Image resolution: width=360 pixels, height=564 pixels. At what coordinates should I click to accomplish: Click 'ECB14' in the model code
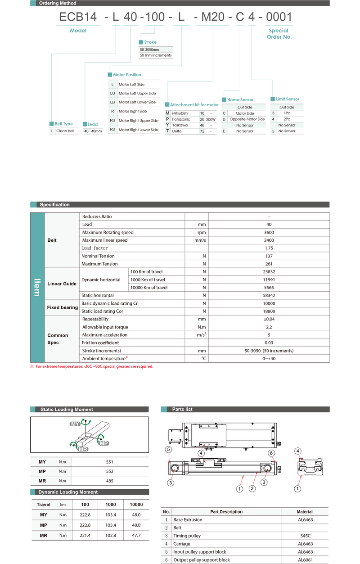coord(78,18)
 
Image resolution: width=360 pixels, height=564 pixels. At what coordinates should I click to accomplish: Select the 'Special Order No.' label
coord(279,34)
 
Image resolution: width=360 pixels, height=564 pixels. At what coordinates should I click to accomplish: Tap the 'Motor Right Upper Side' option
coord(138,121)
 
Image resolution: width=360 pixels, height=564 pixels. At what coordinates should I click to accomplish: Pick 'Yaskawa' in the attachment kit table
coord(180,125)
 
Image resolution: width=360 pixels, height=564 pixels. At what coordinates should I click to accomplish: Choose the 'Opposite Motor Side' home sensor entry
coord(247,119)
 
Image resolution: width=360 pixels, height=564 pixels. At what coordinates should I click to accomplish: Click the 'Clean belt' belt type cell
coord(65,131)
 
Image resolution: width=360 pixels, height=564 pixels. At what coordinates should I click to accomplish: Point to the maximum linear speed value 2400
coord(269,240)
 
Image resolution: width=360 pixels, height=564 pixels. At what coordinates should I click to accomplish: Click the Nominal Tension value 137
coord(269,256)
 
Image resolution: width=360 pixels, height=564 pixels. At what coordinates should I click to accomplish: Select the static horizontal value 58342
coord(269,295)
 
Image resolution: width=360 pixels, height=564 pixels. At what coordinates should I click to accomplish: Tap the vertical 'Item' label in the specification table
coord(37,287)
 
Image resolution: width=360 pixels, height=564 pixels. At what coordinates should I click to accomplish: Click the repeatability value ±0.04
coord(269,319)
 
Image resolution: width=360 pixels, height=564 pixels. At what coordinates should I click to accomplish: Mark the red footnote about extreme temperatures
coord(94,366)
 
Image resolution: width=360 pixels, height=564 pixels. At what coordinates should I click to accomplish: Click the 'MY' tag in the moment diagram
coord(75,424)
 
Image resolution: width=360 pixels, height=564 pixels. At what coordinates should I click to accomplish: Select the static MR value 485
coord(110,481)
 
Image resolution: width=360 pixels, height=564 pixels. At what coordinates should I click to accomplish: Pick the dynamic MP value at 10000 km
coord(136,525)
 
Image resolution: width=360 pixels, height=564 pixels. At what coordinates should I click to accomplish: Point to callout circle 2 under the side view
coord(252,488)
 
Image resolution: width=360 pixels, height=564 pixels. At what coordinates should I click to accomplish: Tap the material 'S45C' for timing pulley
coord(305,536)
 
